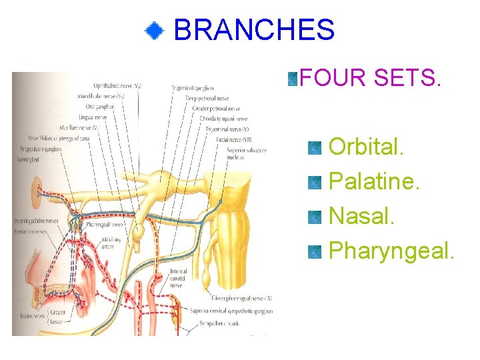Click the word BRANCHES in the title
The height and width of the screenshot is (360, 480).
pyautogui.click(x=254, y=30)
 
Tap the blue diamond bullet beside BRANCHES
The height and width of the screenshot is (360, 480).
pyautogui.click(x=155, y=30)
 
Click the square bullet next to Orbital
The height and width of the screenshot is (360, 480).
pyautogui.click(x=315, y=147)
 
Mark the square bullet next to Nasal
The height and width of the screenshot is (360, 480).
pyautogui.click(x=315, y=217)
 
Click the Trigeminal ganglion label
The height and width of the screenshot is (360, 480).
pyautogui.click(x=192, y=88)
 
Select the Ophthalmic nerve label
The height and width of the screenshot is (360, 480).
pyautogui.click(x=117, y=86)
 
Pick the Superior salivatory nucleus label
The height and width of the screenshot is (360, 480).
pyautogui.click(x=246, y=154)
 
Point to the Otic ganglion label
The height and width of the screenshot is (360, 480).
pyautogui.click(x=100, y=107)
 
